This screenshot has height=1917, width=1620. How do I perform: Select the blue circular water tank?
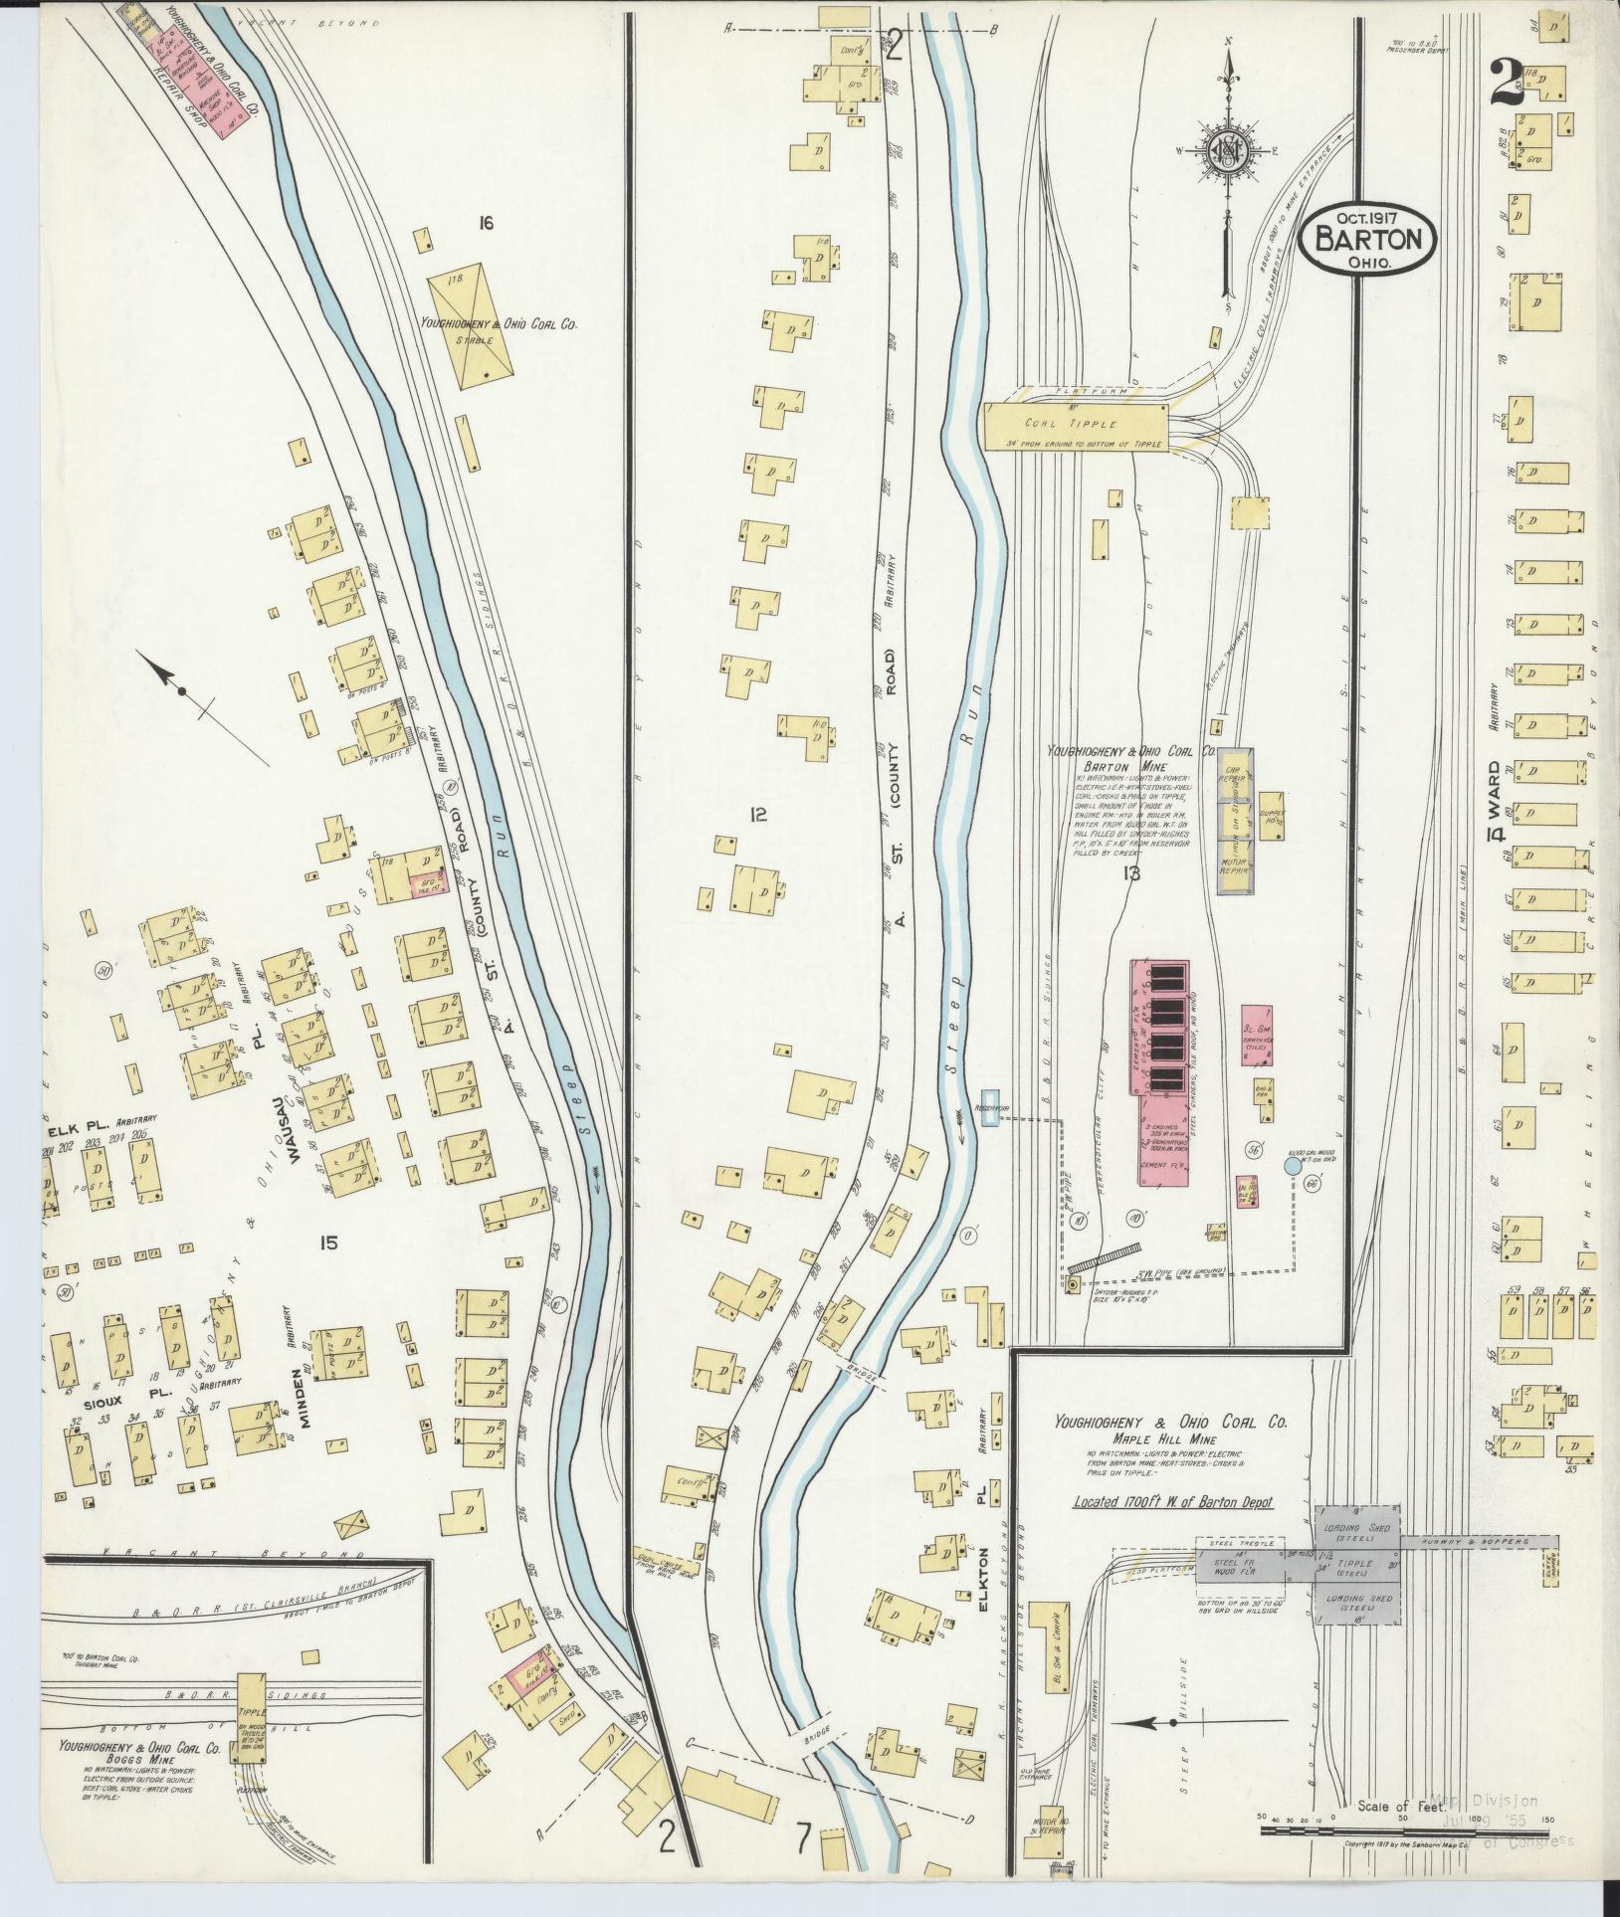(1291, 1165)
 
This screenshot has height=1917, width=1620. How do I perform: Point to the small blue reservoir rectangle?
(989, 1107)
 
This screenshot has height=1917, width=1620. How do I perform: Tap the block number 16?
(485, 224)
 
